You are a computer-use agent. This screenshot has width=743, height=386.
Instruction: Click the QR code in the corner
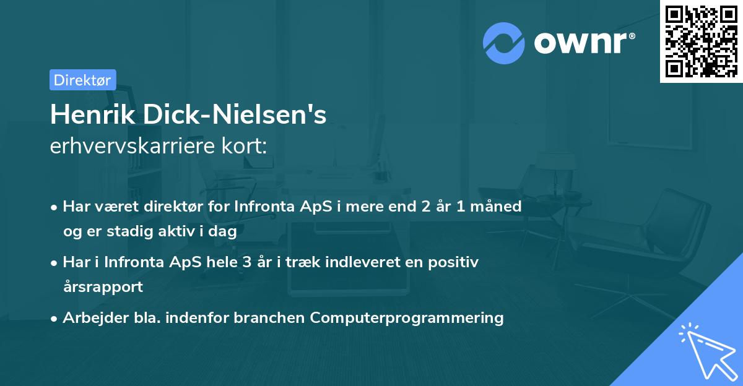pyautogui.click(x=701, y=41)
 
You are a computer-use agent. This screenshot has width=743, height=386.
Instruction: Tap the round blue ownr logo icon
pyautogui.click(x=504, y=43)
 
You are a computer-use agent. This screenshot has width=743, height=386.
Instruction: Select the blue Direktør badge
pyautogui.click(x=82, y=80)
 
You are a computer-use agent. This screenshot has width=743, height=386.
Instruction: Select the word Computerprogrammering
pyautogui.click(x=407, y=318)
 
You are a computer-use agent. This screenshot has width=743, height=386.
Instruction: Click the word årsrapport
pyautogui.click(x=103, y=286)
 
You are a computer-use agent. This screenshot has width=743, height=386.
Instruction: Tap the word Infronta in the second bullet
pyautogui.click(x=134, y=262)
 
